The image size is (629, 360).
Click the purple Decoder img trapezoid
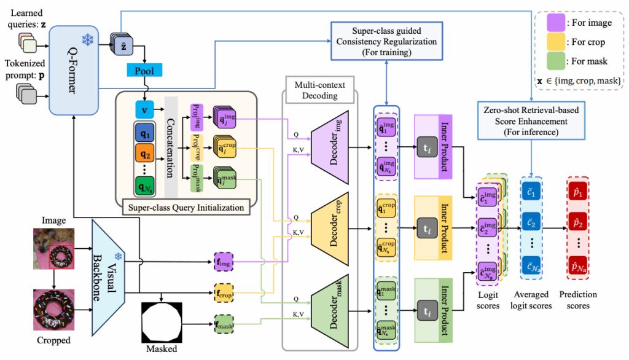pos(332,141)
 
